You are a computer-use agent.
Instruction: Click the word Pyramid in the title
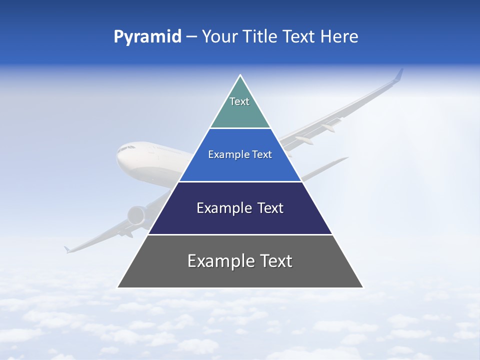pyautogui.click(x=147, y=37)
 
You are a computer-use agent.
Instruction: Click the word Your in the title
pyautogui.click(x=219, y=37)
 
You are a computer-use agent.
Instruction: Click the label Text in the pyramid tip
pyautogui.click(x=239, y=101)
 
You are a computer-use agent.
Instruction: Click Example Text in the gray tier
pyautogui.click(x=240, y=261)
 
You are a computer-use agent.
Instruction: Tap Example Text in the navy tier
pyautogui.click(x=240, y=208)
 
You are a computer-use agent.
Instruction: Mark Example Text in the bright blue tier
pyautogui.click(x=240, y=154)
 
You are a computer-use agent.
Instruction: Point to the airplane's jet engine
pyautogui.click(x=136, y=215)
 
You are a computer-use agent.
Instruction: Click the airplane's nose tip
pyautogui.click(x=118, y=156)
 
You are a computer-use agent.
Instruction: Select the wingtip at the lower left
pyautogui.click(x=66, y=249)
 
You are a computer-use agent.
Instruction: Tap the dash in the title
pyautogui.click(x=191, y=37)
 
